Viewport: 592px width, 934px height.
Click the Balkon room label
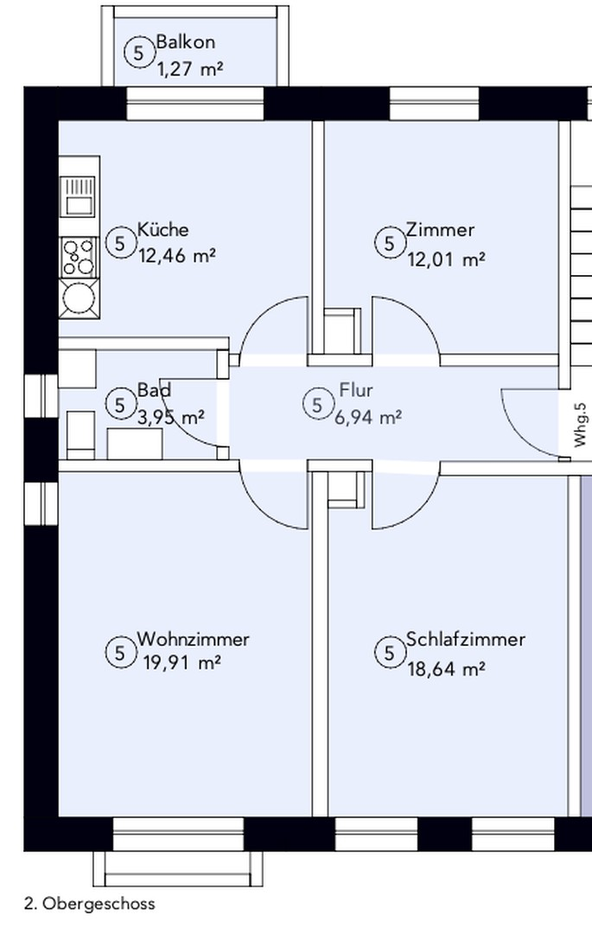(x=185, y=42)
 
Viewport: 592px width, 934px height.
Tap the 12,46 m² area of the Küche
(x=176, y=256)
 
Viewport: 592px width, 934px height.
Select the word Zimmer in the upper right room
(x=440, y=229)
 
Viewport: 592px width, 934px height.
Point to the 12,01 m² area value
(x=446, y=259)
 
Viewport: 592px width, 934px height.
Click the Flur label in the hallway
(x=356, y=390)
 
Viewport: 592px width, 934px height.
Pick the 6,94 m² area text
(x=367, y=418)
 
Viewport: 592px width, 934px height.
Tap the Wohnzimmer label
(x=194, y=639)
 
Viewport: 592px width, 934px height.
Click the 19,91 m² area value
(x=182, y=662)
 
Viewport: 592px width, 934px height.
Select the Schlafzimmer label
(x=466, y=639)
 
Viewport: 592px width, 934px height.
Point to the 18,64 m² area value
(x=446, y=669)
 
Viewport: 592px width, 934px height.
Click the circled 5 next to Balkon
(x=138, y=53)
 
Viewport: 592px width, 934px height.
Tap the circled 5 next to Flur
(x=317, y=405)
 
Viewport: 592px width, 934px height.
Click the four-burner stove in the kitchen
(x=78, y=258)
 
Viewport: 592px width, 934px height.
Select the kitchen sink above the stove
(x=78, y=196)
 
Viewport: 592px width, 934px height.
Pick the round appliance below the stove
(x=78, y=297)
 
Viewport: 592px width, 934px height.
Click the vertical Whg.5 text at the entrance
(x=580, y=425)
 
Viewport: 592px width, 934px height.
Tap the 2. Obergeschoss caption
(x=90, y=904)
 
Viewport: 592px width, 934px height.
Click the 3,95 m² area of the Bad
(x=171, y=417)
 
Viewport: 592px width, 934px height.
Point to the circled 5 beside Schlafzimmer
(x=389, y=653)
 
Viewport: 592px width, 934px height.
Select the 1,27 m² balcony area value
(x=190, y=69)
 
